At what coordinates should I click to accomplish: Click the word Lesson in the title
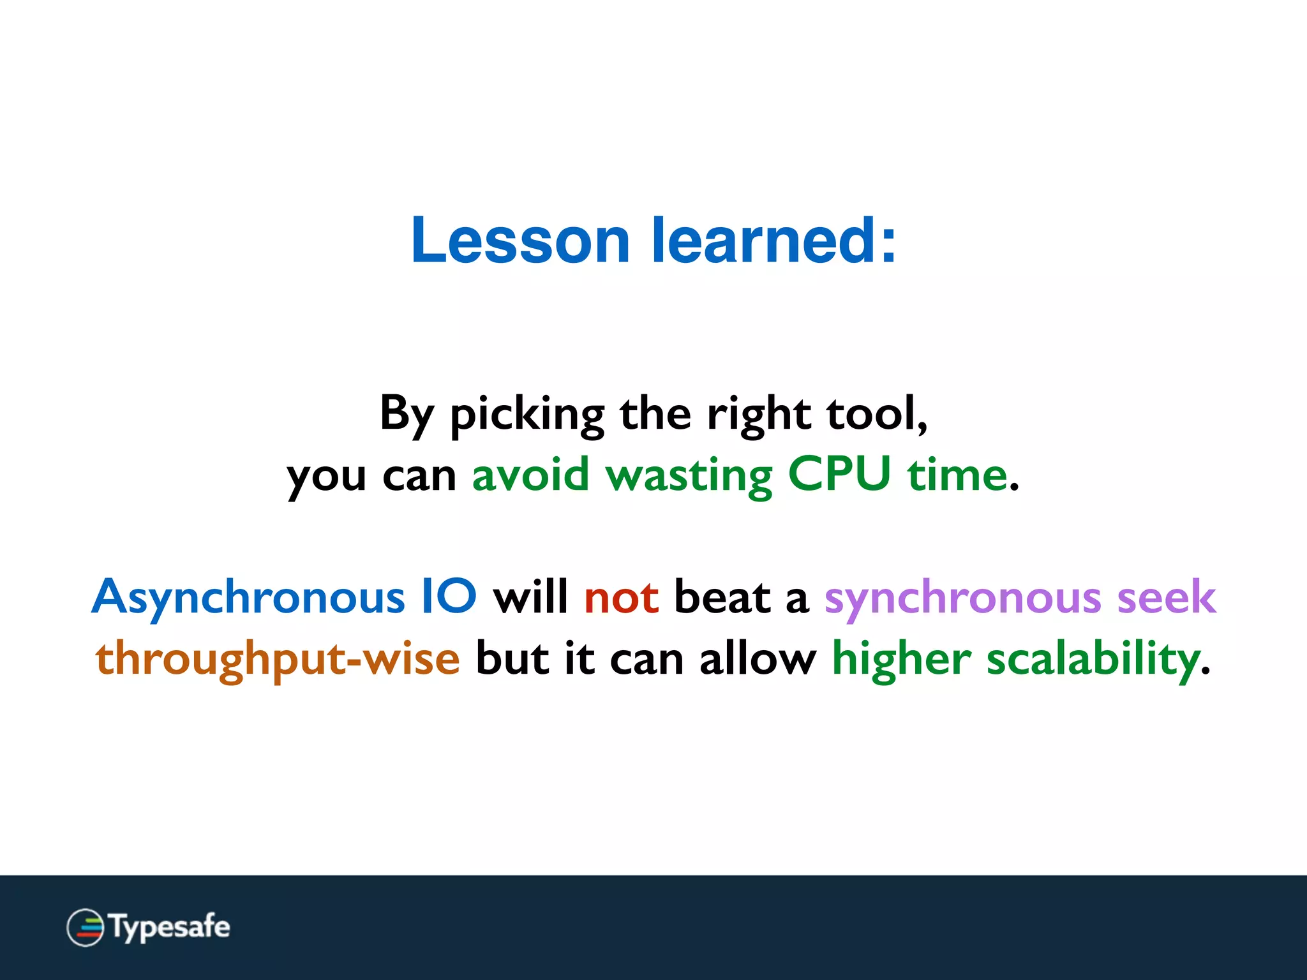coord(520,241)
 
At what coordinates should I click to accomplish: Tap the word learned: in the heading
coord(773,241)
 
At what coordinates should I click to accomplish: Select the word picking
coord(527,415)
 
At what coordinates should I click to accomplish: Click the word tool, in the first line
coord(877,415)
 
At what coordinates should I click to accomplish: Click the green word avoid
coord(530,475)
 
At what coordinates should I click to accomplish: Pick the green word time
coord(957,475)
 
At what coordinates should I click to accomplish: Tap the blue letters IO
coord(449,597)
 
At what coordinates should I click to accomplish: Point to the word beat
coord(722,597)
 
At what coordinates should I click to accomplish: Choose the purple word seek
coord(1167,597)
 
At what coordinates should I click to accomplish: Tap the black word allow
coord(758,658)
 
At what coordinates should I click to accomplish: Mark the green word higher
coord(901,658)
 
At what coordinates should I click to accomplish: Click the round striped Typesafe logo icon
coord(85,927)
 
